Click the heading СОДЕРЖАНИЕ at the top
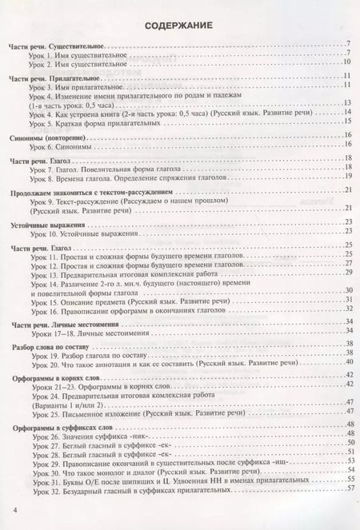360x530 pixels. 178,26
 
